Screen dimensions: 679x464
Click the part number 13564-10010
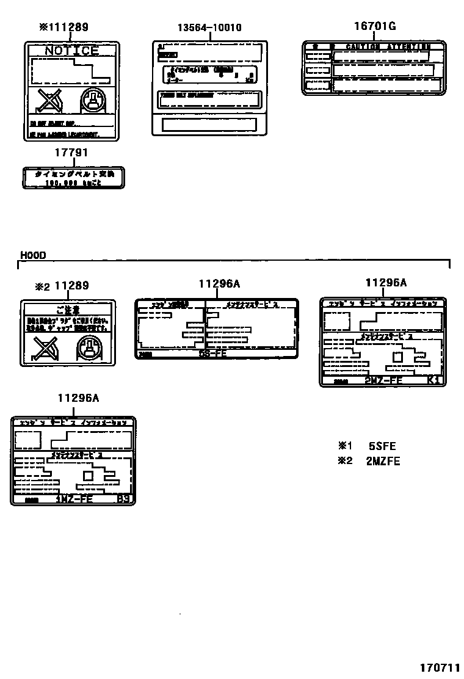pos(209,27)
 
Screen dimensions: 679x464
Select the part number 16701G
pos(375,26)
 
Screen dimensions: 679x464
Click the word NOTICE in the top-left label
pos(71,51)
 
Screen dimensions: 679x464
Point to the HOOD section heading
pos(34,255)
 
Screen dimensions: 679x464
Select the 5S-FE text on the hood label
pos(213,354)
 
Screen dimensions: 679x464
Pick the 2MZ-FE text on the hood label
pos(383,380)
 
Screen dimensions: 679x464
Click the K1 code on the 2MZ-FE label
pos(433,380)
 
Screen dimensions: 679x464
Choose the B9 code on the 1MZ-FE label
pos(123,499)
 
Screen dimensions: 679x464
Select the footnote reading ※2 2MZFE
pos(369,461)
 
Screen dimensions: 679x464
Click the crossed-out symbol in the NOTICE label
pos(46,100)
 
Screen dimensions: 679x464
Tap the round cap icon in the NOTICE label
pos(93,100)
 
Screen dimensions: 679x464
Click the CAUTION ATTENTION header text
pos(387,46)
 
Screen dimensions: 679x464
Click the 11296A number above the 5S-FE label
pos(219,283)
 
